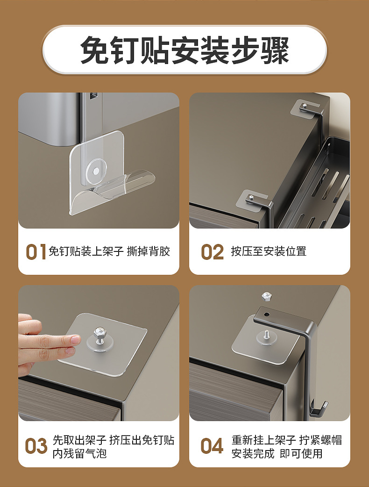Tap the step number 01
click(x=35, y=252)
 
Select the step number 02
click(x=212, y=252)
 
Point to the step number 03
click(x=36, y=446)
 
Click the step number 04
click(x=212, y=446)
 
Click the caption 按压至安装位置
click(x=269, y=251)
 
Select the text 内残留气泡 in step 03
click(x=79, y=453)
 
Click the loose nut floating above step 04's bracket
click(x=267, y=296)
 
